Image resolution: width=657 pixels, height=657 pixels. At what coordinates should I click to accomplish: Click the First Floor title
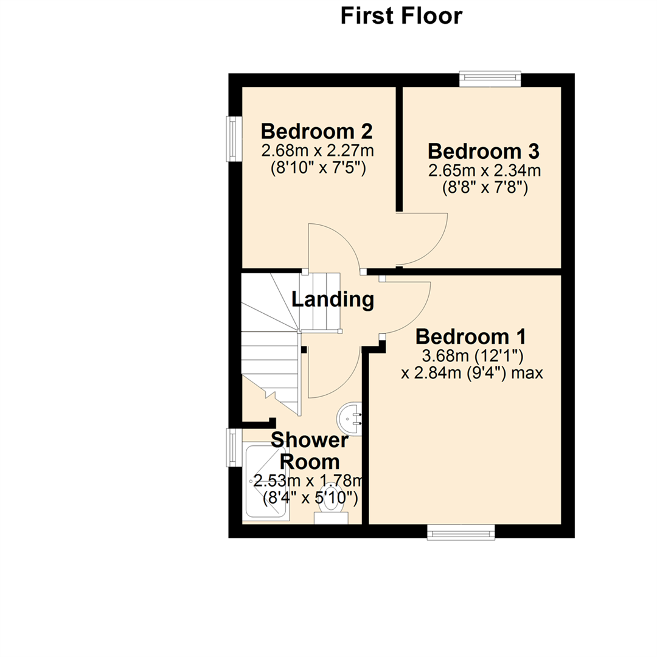(x=401, y=16)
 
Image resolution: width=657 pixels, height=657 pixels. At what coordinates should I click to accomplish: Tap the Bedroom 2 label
(x=317, y=131)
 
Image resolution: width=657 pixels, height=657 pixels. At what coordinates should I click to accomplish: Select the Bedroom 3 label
(x=484, y=151)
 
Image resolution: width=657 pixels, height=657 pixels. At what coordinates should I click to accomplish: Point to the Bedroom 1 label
(x=470, y=336)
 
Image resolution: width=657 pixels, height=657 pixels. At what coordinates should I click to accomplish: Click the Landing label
(x=333, y=299)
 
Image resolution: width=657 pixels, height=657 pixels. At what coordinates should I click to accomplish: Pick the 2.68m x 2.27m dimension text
(x=318, y=150)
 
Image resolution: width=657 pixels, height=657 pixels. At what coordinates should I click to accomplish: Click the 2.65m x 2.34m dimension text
(x=484, y=170)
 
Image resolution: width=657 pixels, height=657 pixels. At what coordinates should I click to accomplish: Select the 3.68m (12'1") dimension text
(x=473, y=356)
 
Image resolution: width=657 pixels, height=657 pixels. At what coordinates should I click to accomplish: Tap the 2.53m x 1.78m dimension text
(x=308, y=481)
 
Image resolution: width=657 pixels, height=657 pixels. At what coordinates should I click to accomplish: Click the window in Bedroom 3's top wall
(x=490, y=79)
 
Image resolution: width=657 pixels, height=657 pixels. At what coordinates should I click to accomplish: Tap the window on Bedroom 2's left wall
(x=235, y=139)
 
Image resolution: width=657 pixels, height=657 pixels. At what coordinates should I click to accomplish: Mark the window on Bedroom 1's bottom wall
(x=461, y=532)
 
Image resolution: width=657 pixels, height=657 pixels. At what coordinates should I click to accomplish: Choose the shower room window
(x=235, y=448)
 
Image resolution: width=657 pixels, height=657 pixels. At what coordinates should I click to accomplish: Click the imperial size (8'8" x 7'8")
(x=485, y=188)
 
